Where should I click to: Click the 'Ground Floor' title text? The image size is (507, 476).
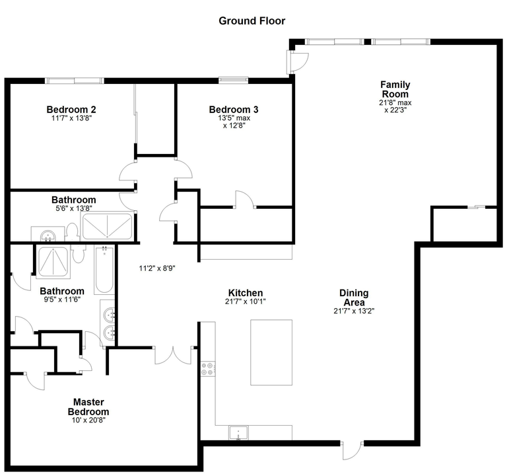(252, 21)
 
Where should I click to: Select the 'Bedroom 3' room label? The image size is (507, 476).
(233, 110)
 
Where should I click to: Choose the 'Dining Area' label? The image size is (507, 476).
(354, 297)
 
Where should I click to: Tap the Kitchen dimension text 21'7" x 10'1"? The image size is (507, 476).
(246, 301)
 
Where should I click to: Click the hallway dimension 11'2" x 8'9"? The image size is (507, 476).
(156, 268)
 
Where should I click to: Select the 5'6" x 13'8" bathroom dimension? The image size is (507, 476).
(74, 208)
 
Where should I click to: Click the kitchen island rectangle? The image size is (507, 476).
(271, 352)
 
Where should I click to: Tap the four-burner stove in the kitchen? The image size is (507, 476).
(207, 369)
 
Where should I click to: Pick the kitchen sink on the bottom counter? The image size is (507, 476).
(236, 433)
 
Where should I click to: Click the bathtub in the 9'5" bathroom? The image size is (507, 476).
(104, 270)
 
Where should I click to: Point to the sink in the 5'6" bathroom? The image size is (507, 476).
(47, 235)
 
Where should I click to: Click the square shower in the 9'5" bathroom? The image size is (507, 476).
(53, 262)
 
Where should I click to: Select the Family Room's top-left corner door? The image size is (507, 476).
(296, 61)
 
